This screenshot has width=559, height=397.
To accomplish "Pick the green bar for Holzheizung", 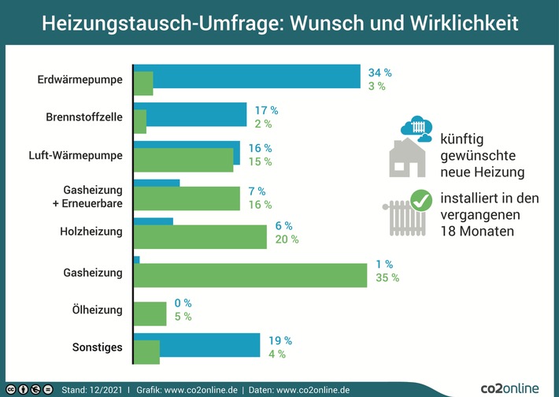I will [200, 237].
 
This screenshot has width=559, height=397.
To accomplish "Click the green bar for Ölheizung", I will [150, 314].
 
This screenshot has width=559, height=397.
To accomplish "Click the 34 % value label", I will [380, 72].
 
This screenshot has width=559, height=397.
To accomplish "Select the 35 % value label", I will [387, 277].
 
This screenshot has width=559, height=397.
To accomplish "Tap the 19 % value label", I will [280, 340].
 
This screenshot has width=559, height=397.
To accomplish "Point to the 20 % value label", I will [287, 239].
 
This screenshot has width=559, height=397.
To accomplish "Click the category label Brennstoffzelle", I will [84, 117].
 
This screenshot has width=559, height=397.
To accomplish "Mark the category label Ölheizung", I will [97, 310].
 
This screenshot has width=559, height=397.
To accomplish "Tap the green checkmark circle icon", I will [421, 202].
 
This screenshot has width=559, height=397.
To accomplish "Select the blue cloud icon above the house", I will [416, 128].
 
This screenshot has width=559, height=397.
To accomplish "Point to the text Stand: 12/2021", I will [91, 389].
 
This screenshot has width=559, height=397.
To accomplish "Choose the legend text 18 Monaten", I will [477, 232].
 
